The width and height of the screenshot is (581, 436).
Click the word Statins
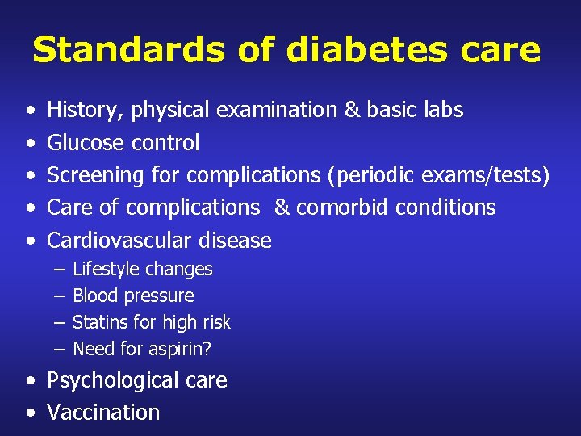click(x=98, y=322)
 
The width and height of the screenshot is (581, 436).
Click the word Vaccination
click(x=103, y=413)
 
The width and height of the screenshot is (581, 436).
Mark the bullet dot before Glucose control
click(x=30, y=144)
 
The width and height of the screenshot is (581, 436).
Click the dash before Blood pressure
click(x=59, y=296)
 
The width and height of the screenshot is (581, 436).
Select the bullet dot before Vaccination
click(x=30, y=413)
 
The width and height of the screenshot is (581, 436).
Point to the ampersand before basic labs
click(x=352, y=110)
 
